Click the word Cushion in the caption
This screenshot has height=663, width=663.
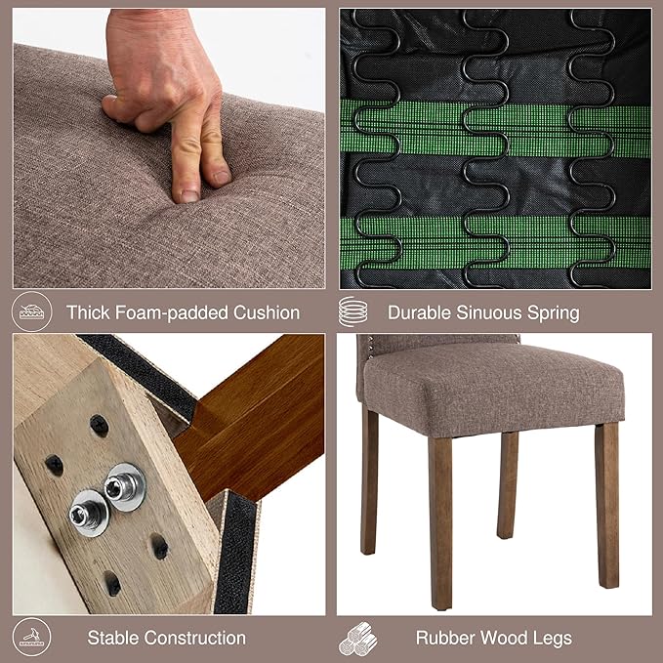(267, 312)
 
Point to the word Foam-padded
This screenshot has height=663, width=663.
(172, 312)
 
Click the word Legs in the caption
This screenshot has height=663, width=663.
(554, 639)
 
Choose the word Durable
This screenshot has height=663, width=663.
(420, 312)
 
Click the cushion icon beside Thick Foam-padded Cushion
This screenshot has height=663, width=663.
(31, 311)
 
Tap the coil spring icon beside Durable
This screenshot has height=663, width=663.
(353, 311)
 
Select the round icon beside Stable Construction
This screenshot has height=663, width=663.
(31, 638)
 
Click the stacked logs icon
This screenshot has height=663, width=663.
(357, 639)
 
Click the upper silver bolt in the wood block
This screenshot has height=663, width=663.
(125, 487)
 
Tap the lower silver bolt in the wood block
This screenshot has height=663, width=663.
(89, 513)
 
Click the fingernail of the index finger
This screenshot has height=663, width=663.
(189, 195)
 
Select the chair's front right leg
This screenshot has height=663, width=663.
(606, 505)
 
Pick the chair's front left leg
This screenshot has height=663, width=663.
(440, 521)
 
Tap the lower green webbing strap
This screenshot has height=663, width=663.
(496, 242)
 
